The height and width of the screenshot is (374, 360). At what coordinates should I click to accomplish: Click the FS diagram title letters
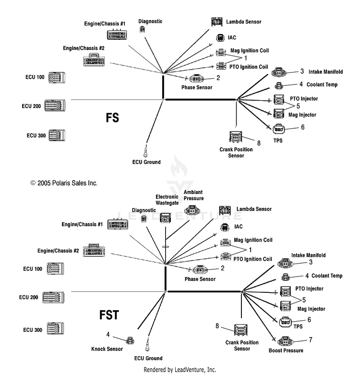pos(112,118)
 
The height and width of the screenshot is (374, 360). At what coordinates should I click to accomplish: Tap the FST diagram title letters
pos(109,314)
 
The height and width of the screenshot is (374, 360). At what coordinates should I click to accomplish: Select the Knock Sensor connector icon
pos(130,340)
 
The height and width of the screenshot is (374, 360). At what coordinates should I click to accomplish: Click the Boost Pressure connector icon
pos(285,342)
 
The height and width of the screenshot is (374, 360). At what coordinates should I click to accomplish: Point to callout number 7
pos(311,339)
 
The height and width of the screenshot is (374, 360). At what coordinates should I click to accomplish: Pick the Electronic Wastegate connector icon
pos(165,218)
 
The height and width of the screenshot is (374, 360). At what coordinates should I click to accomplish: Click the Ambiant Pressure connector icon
pos(192,210)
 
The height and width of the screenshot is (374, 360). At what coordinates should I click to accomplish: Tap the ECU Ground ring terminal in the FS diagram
pos(145,153)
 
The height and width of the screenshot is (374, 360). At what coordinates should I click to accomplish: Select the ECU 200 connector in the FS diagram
pos(55,106)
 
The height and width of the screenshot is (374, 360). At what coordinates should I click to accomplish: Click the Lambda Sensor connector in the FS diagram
pos(217,22)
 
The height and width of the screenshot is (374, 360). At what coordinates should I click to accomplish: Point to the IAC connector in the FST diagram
pos(225,227)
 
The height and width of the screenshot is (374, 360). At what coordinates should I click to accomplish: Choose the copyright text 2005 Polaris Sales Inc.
pos(64,183)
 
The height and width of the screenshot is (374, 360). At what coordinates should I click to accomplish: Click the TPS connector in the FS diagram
pos(279,129)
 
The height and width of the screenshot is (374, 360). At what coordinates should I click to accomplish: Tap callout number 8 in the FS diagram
pos(259,143)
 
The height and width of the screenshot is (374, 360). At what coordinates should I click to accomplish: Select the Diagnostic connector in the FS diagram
pos(143,30)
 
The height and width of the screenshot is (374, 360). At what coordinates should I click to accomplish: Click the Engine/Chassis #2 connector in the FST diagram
pos(94,251)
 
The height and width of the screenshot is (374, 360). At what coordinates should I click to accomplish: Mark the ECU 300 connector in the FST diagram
pos(55,328)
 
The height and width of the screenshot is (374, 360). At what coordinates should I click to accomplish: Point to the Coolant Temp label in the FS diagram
pos(322,84)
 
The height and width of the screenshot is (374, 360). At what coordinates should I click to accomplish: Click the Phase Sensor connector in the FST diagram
pos(200,270)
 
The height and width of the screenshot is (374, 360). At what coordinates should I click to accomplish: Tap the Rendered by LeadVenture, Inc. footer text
pos(180,370)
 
